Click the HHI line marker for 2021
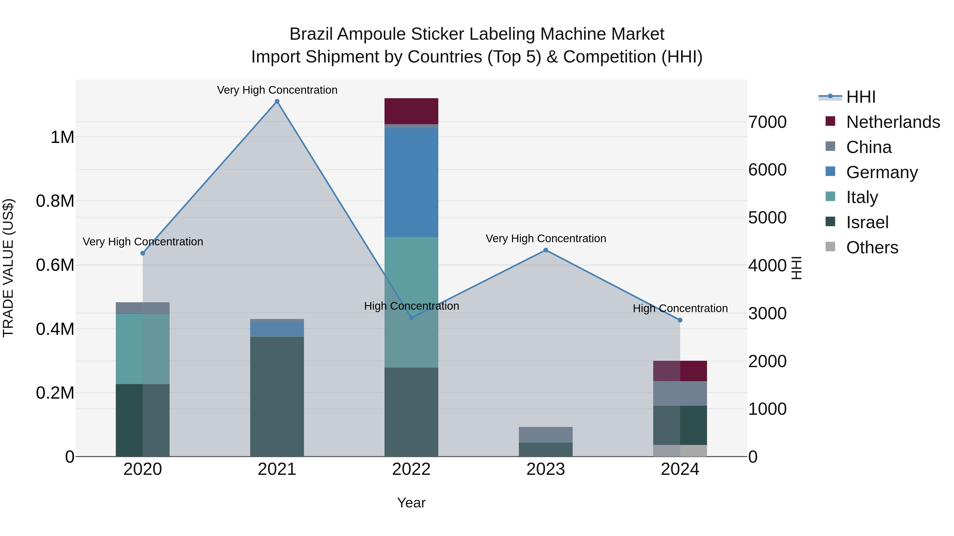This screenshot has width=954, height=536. [x=277, y=101]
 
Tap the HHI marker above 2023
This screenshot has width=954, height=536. [x=546, y=250]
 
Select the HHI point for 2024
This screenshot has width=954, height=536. [x=680, y=320]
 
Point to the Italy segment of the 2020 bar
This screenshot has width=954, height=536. [x=143, y=349]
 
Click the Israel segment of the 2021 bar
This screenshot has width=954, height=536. [x=277, y=396]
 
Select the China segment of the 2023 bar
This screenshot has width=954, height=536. [x=546, y=434]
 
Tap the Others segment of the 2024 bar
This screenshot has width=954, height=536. [x=680, y=451]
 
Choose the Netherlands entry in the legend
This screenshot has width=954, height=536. [x=893, y=122]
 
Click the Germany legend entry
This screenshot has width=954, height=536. [x=881, y=172]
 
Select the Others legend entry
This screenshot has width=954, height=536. [x=872, y=247]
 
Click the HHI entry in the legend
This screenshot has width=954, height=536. [x=861, y=97]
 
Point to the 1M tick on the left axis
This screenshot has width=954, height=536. [x=62, y=137]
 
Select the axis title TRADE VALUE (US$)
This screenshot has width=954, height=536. [x=8, y=268]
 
